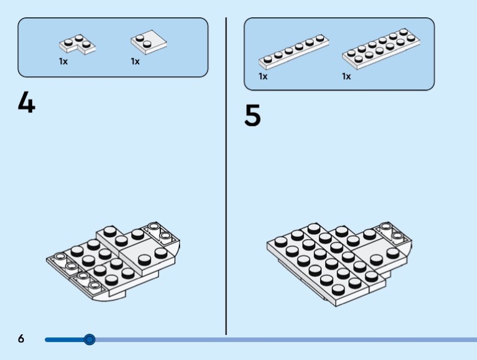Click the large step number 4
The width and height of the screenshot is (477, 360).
point(26,102)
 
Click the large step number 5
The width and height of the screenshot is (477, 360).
point(252,115)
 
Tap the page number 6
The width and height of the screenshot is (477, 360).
point(21,339)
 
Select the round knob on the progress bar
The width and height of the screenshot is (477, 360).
point(89,339)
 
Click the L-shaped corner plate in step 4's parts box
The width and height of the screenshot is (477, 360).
point(77,44)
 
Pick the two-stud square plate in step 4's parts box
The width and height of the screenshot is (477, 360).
point(148,42)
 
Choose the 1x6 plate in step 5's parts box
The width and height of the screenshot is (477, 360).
point(293,51)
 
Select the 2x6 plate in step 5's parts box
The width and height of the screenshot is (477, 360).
point(381,49)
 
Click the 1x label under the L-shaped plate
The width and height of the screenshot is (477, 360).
point(63,61)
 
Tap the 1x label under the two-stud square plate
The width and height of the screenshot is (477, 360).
point(135,61)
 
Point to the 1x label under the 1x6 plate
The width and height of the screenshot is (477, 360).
point(263,76)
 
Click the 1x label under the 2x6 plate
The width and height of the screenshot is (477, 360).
point(346,76)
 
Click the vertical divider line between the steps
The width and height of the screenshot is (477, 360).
point(226,176)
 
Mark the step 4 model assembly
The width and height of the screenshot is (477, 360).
point(113,262)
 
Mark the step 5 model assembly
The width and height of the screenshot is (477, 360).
point(339,264)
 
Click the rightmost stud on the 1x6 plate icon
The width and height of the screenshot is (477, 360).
point(320,38)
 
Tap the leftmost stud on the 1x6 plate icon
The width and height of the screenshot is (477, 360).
point(268,59)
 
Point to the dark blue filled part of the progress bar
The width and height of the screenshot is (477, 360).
point(67,340)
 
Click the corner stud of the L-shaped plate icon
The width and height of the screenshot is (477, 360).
point(79,38)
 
